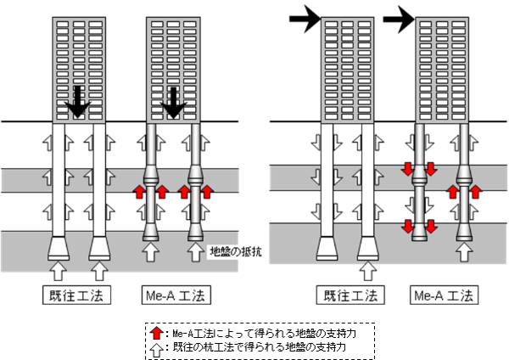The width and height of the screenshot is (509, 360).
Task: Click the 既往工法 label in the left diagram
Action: [76, 295]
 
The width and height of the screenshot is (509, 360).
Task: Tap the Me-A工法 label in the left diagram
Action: [173, 295]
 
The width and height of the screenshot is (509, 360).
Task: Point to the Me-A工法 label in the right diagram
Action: [443, 295]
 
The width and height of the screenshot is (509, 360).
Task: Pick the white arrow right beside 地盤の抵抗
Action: [199, 251]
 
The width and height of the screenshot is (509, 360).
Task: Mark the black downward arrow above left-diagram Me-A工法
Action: [174, 100]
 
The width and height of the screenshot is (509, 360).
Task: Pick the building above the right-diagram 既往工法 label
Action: [347, 68]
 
